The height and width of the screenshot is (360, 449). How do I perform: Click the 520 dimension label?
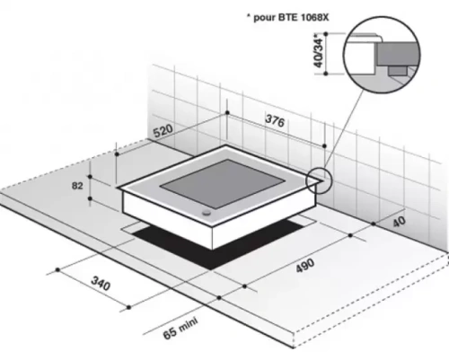pyautogui.click(x=163, y=131)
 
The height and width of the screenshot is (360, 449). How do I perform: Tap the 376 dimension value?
pyautogui.click(x=275, y=120)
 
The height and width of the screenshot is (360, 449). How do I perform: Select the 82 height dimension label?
pyautogui.click(x=77, y=186)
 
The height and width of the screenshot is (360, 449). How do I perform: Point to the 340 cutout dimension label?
pyautogui.click(x=101, y=284)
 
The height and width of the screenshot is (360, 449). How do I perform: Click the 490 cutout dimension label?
pyautogui.click(x=305, y=265)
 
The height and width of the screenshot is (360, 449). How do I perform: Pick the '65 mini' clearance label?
pyautogui.click(x=180, y=329)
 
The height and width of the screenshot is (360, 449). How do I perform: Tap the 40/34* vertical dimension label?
pyautogui.click(x=320, y=53)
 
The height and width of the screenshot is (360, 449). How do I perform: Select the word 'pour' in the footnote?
pyautogui.click(x=265, y=18)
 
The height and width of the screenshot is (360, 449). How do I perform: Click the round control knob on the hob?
pyautogui.click(x=207, y=213)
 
